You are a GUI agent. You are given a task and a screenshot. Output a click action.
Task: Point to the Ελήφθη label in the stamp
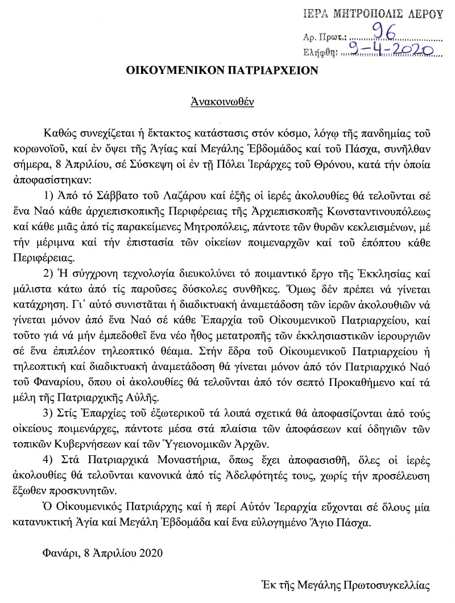click(x=320, y=53)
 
